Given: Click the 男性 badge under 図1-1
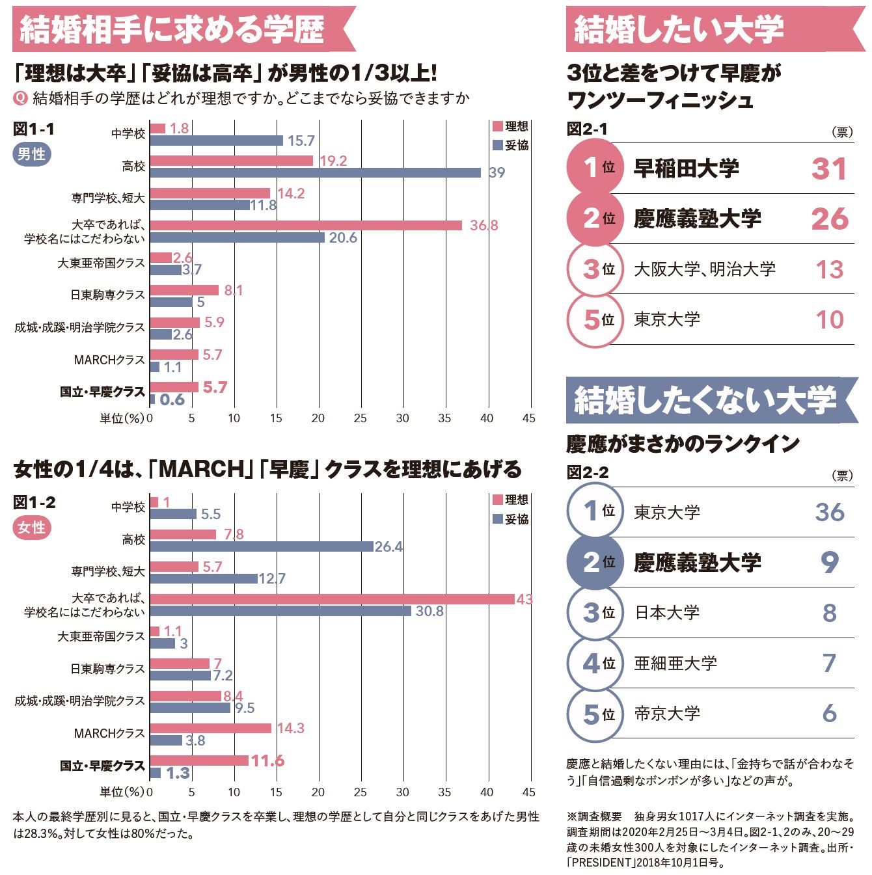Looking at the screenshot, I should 31,154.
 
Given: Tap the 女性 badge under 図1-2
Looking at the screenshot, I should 31,528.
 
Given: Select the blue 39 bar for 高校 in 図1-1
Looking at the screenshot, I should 315,172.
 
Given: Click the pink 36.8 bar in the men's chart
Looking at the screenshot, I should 306,225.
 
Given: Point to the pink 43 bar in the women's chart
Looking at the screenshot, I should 332,599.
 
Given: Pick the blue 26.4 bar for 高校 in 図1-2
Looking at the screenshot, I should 262,546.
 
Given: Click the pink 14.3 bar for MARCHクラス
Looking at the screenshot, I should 210,728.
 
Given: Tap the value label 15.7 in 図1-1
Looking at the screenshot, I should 301,141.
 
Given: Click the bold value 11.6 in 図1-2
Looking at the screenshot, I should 267,761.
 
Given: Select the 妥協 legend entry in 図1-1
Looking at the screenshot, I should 511,145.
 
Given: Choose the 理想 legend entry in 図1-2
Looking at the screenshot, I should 511,500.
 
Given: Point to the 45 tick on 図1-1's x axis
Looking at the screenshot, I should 528,418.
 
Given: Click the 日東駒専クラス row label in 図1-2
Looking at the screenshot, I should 107,669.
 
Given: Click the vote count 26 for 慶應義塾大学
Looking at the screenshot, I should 830,219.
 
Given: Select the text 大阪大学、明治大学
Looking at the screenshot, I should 705,269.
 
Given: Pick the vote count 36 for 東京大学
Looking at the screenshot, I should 830,512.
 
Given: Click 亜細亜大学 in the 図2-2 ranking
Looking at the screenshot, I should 675,663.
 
